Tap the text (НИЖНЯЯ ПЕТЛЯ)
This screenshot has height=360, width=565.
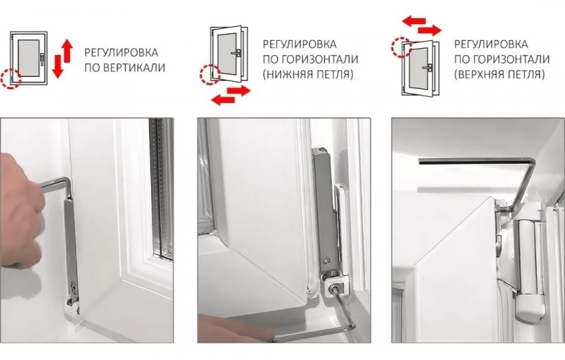pyautogui.click(x=308, y=73)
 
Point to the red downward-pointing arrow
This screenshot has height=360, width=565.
pyautogui.click(x=58, y=67)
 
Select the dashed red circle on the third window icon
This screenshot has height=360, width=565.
pyautogui.click(x=403, y=48)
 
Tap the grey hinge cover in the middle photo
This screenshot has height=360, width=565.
pyautogui.click(x=323, y=205)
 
